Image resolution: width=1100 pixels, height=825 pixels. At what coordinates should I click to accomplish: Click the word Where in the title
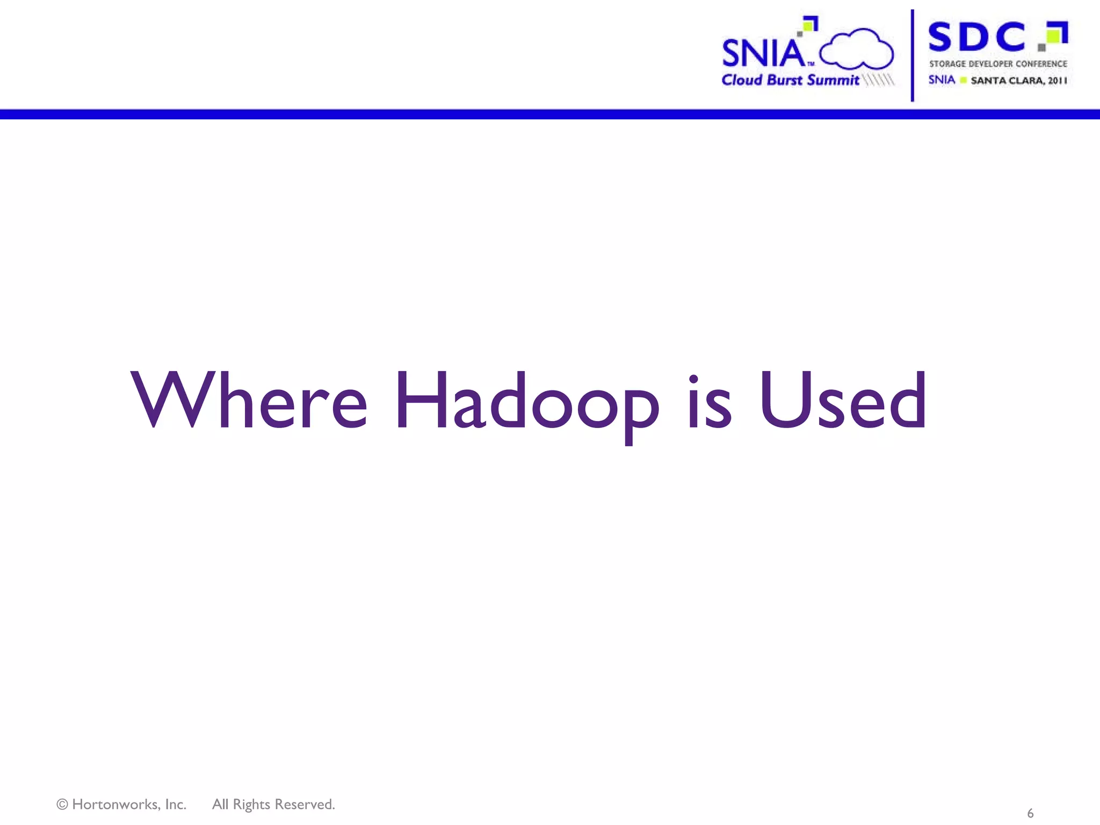pos(249,401)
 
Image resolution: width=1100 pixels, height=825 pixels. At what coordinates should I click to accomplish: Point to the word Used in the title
pos(843,401)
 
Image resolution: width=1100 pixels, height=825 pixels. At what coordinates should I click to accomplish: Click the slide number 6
pos(1030,813)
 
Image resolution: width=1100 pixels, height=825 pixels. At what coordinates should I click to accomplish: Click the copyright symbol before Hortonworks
pos(62,805)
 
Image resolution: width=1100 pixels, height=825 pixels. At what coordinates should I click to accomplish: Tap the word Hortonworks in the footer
pos(129,805)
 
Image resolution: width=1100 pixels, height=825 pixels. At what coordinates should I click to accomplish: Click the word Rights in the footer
pos(251,805)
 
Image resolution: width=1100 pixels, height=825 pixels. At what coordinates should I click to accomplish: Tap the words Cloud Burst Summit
pos(790,80)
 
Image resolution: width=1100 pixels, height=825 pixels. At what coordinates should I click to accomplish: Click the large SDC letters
pos(976,37)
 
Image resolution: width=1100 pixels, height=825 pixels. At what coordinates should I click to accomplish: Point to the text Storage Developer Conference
pos(998,64)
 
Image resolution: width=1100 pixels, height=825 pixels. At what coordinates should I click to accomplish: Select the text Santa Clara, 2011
pos(1018,81)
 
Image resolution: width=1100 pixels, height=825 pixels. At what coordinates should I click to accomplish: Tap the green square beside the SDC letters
pos(1054,36)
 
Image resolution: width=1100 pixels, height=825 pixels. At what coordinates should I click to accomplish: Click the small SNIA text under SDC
pos(942,80)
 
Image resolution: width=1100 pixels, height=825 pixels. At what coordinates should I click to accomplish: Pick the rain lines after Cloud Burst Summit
pos(879,80)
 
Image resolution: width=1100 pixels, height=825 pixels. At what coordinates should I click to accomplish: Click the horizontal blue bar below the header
pos(550,114)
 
